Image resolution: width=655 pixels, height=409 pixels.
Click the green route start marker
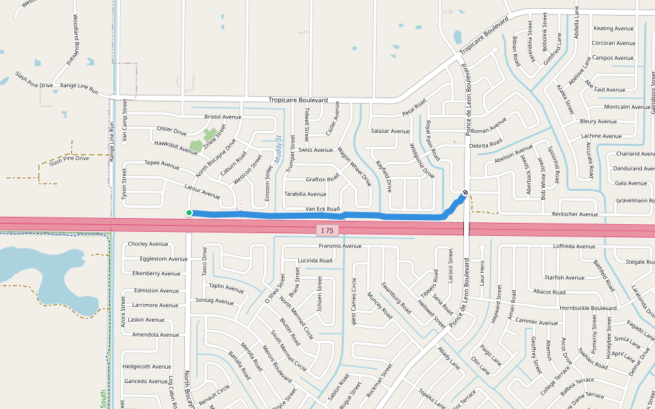coord(189,213)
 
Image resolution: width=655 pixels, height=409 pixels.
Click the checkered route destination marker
coord(465,192)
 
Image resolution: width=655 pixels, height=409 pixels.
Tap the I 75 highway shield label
coord(327,230)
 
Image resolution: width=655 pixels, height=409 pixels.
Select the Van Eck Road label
coord(322,209)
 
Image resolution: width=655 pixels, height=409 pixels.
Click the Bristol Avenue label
coord(222,117)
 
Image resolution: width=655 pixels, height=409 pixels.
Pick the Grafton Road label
coord(322,179)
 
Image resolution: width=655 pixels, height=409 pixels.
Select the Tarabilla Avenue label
coord(305,194)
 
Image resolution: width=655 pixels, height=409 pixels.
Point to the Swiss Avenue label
coord(316,150)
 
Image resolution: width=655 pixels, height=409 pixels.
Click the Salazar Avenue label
coord(390,131)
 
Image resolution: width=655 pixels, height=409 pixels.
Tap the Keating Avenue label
coord(613,29)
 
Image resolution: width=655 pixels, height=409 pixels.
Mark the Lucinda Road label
coord(315,260)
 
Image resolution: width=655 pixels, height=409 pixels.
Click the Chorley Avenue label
coord(147,243)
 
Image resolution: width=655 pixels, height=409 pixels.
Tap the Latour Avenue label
coord(202,191)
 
